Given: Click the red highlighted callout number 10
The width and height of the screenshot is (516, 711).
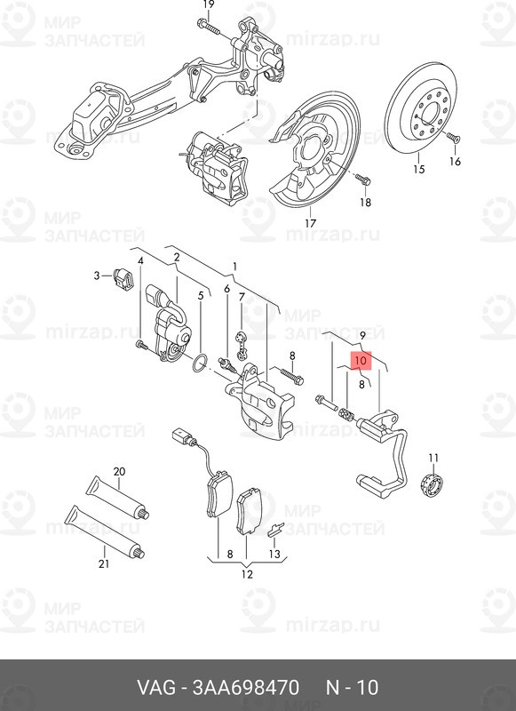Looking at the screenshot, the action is pyautogui.click(x=361, y=361).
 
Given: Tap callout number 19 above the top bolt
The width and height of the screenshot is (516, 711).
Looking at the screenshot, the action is pyautogui.click(x=209, y=5).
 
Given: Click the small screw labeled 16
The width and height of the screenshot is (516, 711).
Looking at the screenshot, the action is pyautogui.click(x=453, y=137).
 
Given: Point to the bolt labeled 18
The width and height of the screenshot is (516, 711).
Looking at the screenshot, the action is pyautogui.click(x=363, y=180).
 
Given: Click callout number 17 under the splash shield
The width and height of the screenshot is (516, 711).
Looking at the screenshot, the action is pyautogui.click(x=310, y=223).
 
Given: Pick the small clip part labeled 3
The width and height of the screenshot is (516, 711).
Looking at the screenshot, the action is pyautogui.click(x=123, y=277).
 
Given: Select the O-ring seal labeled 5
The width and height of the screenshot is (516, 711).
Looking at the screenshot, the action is pyautogui.click(x=201, y=363).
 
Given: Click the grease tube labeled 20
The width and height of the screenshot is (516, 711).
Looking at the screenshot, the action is pyautogui.click(x=118, y=498).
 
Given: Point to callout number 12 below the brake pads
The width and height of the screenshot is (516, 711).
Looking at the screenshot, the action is pyautogui.click(x=246, y=574).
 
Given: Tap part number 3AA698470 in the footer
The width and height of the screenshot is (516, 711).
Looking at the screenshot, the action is pyautogui.click(x=246, y=687).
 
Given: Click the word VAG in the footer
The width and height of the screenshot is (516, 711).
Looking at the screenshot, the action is pyautogui.click(x=156, y=687).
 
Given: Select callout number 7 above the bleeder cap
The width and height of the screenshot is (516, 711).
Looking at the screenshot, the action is pyautogui.click(x=242, y=297).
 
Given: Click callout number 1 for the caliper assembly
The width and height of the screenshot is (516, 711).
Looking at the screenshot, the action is pyautogui.click(x=234, y=266).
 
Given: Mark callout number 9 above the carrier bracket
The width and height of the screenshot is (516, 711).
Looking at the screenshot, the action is pyautogui.click(x=362, y=336).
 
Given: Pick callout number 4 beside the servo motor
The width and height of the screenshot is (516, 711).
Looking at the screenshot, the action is pyautogui.click(x=140, y=261).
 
